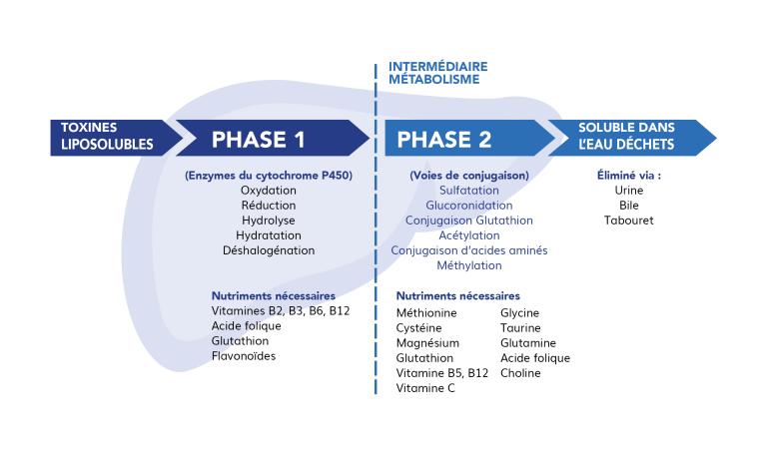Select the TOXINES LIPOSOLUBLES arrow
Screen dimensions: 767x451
(x=117, y=139)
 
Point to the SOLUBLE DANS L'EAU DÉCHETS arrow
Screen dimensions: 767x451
(x=632, y=139)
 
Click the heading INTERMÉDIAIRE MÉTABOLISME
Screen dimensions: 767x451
(x=437, y=73)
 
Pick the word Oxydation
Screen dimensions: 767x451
(x=268, y=191)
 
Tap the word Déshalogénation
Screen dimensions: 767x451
(x=269, y=250)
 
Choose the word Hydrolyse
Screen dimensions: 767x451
(x=268, y=221)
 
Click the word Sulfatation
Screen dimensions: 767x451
(x=469, y=191)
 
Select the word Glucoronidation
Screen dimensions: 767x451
(x=469, y=206)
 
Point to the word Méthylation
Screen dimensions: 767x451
(x=469, y=265)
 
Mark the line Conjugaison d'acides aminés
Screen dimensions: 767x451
(x=469, y=250)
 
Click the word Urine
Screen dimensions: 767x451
(x=628, y=191)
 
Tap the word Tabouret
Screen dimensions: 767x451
(x=628, y=221)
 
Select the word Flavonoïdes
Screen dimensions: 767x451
(x=244, y=356)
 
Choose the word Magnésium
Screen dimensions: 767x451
(x=427, y=343)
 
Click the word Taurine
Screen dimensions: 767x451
(x=520, y=328)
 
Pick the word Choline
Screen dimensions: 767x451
(x=520, y=373)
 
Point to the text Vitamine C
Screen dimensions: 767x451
(x=425, y=388)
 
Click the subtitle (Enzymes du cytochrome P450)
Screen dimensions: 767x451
(x=269, y=176)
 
